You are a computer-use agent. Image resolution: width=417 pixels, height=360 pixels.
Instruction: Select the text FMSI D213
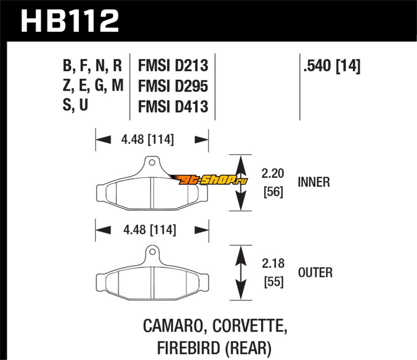tap(173, 66)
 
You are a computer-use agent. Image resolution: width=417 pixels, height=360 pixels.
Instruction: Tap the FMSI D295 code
tap(173, 86)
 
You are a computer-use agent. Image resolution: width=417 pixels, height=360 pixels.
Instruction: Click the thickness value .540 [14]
tap(330, 66)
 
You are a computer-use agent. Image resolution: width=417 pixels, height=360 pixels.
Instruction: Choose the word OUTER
tap(315, 272)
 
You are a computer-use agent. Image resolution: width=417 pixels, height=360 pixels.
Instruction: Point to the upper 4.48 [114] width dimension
tap(148, 140)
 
